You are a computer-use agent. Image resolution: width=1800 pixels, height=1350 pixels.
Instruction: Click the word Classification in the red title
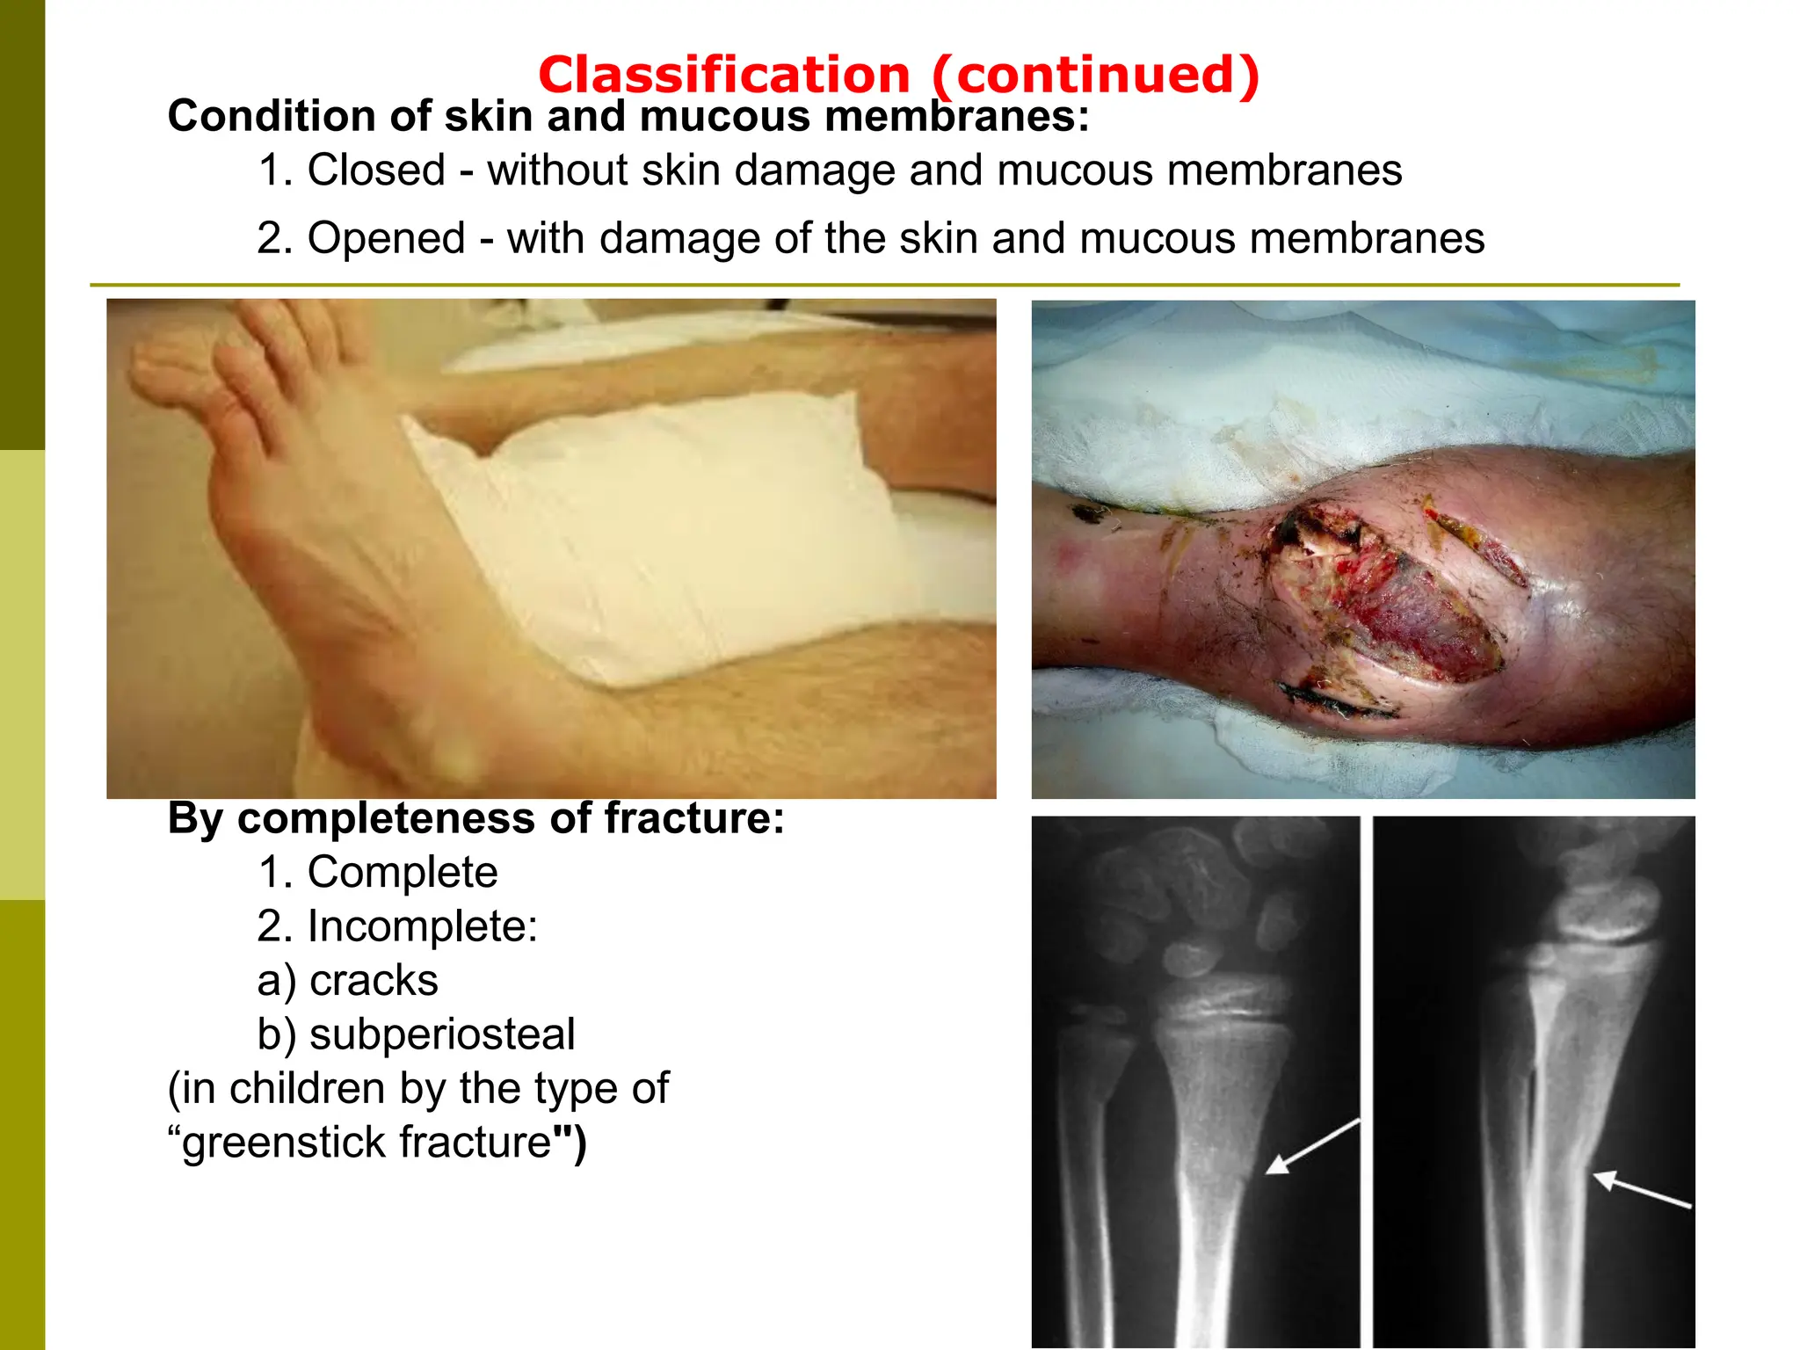723,75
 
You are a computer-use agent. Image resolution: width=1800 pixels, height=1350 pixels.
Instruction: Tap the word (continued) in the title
1096,75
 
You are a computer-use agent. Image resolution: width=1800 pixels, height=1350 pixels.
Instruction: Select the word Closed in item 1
376,170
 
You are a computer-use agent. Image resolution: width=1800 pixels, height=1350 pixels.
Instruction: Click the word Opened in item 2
386,238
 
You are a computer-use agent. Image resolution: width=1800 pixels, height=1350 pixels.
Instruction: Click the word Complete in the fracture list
403,872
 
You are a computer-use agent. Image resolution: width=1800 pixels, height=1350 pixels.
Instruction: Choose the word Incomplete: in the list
422,926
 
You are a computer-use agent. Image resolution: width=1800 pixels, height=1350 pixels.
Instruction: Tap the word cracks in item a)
374,981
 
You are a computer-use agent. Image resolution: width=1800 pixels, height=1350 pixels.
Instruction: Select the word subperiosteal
442,1034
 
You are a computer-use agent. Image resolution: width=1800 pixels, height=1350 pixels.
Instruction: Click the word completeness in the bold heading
387,819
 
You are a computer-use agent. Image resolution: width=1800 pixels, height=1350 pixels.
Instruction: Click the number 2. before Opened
274,238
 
